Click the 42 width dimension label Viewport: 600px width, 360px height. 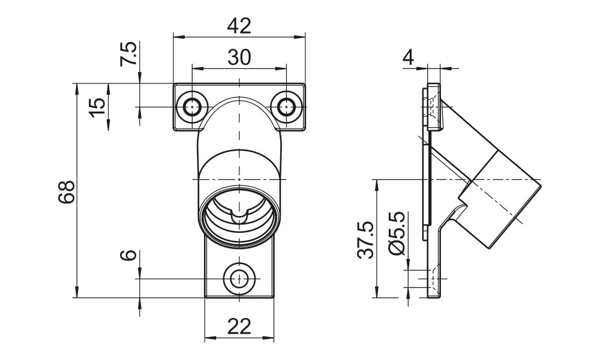239,26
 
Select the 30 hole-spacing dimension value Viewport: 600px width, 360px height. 239,57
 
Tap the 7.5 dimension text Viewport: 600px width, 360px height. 128,55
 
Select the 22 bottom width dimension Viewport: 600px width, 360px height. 239,327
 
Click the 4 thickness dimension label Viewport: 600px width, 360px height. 408,58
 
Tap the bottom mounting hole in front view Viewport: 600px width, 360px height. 239,279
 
